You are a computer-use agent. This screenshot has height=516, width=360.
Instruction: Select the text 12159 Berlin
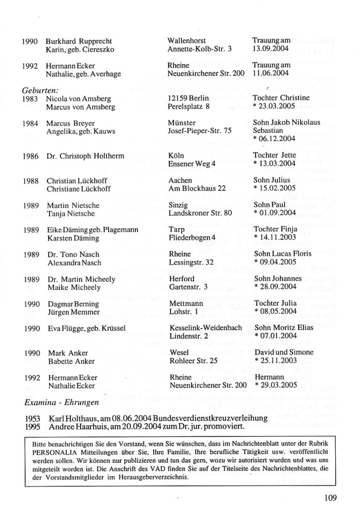(189, 98)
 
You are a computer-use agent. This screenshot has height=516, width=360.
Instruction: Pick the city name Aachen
(180, 181)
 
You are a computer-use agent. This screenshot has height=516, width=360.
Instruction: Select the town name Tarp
(177, 229)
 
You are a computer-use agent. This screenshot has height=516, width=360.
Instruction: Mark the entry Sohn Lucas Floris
(282, 254)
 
